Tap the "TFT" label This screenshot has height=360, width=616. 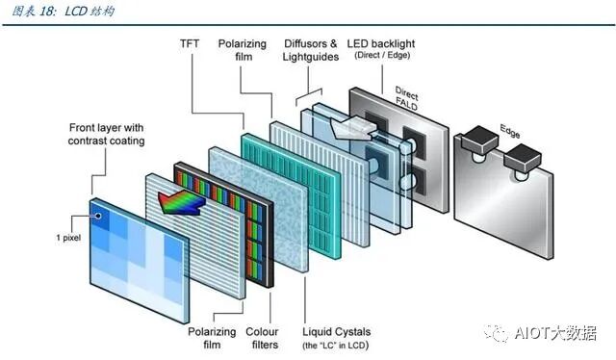(191, 44)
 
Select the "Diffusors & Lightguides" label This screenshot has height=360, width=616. (311, 51)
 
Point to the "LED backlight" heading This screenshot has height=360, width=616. (394, 44)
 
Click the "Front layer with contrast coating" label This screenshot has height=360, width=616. (106, 134)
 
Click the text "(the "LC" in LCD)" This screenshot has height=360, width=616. (335, 345)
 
